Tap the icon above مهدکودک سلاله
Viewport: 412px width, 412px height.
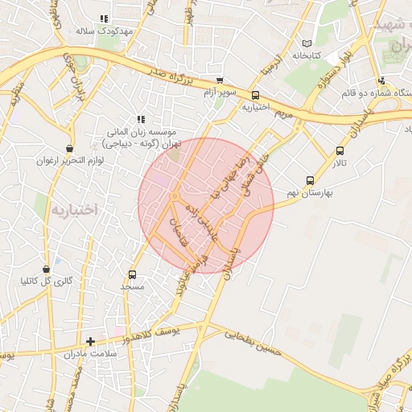click(103, 19)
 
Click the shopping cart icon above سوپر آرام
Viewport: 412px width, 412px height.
click(220, 80)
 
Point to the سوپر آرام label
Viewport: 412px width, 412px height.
click(220, 93)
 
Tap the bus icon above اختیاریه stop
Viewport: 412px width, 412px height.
click(265, 94)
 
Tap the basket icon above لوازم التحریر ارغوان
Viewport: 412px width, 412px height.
click(70, 148)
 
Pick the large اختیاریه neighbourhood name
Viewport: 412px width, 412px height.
click(74, 209)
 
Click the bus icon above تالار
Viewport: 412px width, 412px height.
click(340, 150)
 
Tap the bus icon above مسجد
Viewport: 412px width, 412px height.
click(132, 274)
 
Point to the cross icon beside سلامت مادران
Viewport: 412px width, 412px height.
click(90, 341)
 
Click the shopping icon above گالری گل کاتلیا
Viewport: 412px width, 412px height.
click(47, 268)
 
